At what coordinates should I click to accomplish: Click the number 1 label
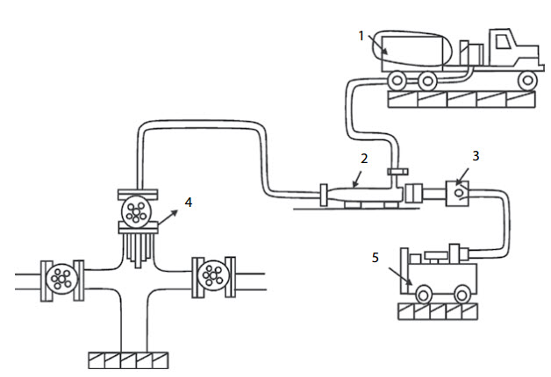(x=361, y=35)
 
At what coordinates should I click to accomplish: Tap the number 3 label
(x=475, y=155)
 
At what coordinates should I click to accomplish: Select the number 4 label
(x=188, y=202)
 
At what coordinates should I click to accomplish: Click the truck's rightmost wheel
(x=526, y=82)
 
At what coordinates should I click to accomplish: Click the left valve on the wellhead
(x=61, y=280)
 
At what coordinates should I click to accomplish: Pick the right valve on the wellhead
(x=211, y=274)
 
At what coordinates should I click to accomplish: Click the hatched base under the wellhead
(x=128, y=359)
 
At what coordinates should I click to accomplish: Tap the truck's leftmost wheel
(x=397, y=82)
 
